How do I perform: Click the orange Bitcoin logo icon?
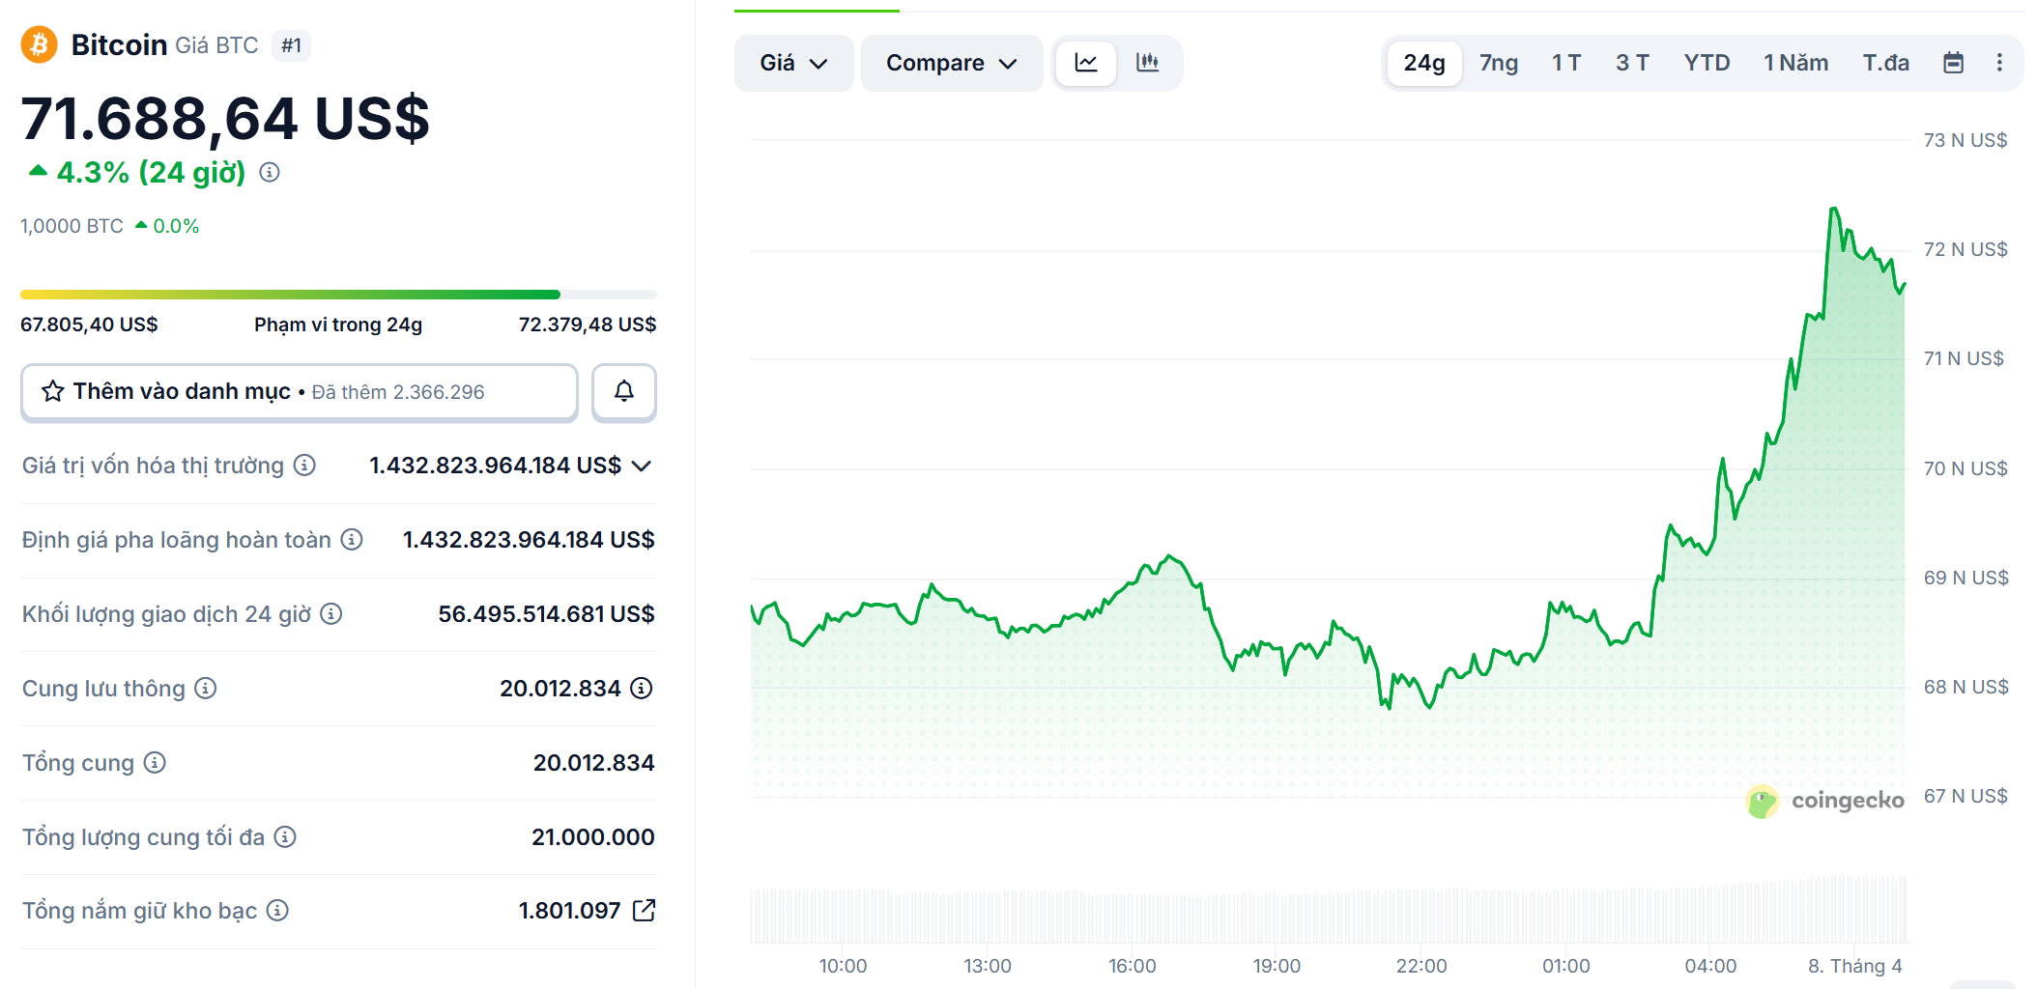point(40,44)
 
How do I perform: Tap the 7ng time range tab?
point(1498,63)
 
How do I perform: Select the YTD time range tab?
point(1707,63)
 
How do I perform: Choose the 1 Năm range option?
point(1795,63)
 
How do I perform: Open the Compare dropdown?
point(951,63)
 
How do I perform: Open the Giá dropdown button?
point(793,63)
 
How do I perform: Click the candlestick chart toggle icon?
point(1147,63)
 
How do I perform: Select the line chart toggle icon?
point(1086,63)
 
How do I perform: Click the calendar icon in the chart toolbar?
point(1953,63)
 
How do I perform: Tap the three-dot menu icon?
point(1999,63)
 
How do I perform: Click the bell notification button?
point(624,391)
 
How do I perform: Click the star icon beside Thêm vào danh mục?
point(53,391)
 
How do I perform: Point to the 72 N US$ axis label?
point(1965,249)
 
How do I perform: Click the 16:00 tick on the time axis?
point(1132,965)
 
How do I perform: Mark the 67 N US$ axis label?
point(1965,796)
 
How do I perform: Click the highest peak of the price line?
point(1833,209)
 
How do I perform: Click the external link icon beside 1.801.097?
point(644,910)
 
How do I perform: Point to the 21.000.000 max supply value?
point(592,836)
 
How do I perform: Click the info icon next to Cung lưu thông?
point(205,688)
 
